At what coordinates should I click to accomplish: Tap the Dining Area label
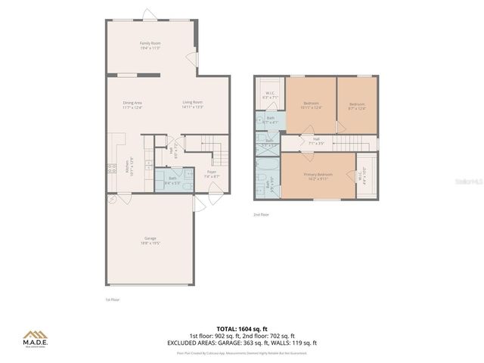(x=133, y=104)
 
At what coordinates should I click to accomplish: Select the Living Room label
(x=192, y=104)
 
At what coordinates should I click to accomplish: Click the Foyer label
(x=212, y=174)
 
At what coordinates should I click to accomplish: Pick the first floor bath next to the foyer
(x=172, y=180)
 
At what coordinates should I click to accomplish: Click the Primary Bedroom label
(x=316, y=176)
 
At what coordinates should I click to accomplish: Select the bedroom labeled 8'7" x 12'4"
(x=357, y=105)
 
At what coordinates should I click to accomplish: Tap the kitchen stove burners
(x=111, y=170)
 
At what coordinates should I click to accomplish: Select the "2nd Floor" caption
(x=261, y=216)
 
